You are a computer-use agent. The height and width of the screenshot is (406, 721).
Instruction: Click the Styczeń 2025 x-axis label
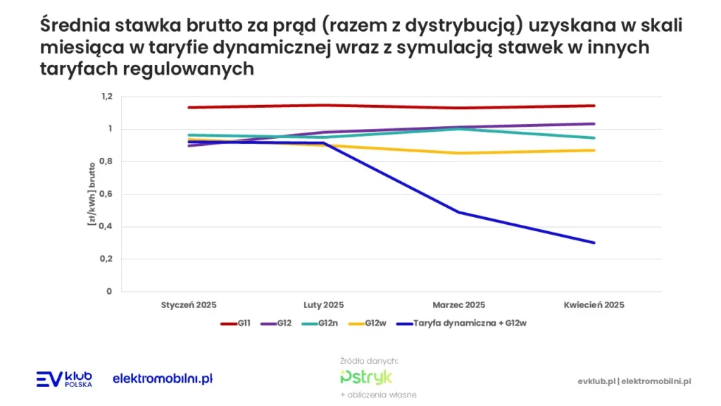(x=189, y=305)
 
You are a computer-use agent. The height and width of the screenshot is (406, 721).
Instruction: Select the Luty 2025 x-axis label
(x=324, y=305)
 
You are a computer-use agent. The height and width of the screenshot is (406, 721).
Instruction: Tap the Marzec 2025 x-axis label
(x=459, y=305)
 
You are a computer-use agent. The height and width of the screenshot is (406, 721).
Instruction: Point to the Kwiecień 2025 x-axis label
(x=594, y=305)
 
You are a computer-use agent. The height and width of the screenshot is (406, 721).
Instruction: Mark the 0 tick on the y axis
(x=109, y=291)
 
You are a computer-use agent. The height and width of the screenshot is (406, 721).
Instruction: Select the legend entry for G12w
(x=370, y=324)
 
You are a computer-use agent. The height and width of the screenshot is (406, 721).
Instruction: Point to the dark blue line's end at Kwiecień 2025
(x=594, y=242)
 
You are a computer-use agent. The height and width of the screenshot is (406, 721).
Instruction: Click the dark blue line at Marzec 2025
(x=459, y=212)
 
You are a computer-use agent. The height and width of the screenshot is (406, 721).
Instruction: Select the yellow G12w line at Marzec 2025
(x=459, y=153)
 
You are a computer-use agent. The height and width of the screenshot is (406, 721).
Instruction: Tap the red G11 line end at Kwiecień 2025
(x=594, y=106)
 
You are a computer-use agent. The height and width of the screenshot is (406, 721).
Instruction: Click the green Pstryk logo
(x=365, y=376)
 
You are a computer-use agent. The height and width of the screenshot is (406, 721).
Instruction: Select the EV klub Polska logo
(x=64, y=379)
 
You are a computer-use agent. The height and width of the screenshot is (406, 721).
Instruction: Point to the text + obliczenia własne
(x=378, y=395)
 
